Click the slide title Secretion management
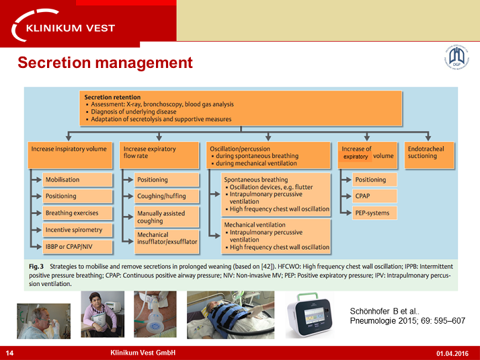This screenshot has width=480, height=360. coord(105,63)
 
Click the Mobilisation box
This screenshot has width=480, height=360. coord(71,180)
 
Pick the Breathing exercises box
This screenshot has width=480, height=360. coord(71,213)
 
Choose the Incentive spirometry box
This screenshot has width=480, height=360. coord(73,230)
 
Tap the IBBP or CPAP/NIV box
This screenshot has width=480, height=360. coord(71,247)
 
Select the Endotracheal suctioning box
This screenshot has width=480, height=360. coord(430,152)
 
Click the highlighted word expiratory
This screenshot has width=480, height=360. coord(356,157)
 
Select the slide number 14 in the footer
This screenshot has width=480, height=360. coord(9,353)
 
